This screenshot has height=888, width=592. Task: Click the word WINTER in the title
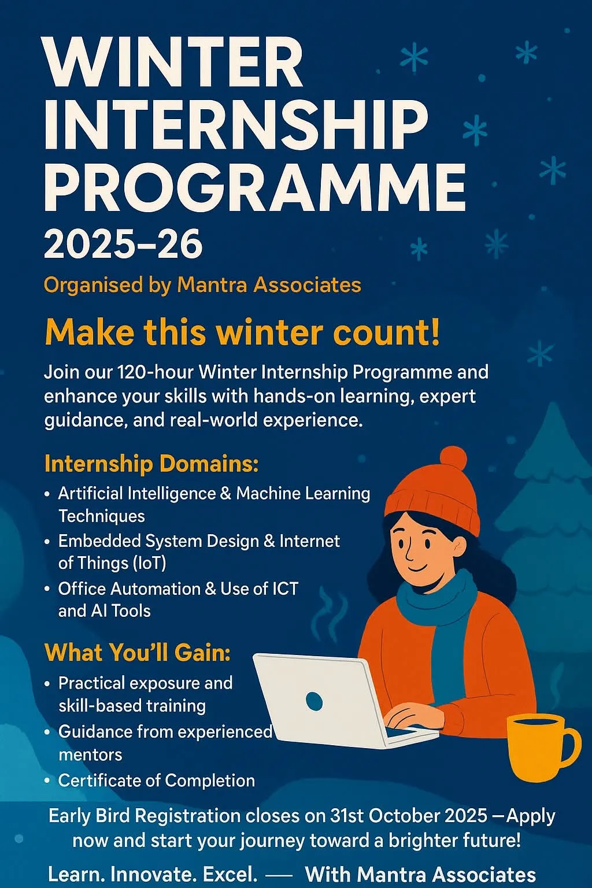[173, 62]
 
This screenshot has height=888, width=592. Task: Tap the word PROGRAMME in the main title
[255, 187]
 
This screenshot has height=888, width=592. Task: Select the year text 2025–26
[123, 244]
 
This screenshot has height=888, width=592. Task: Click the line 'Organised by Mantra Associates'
[202, 285]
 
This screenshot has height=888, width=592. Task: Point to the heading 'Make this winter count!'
[242, 333]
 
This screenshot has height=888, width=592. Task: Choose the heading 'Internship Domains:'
[151, 464]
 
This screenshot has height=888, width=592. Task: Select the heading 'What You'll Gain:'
[138, 653]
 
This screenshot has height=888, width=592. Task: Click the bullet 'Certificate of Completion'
[156, 780]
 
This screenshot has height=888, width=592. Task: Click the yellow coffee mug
[538, 746]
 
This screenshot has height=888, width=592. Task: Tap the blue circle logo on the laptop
[314, 701]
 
